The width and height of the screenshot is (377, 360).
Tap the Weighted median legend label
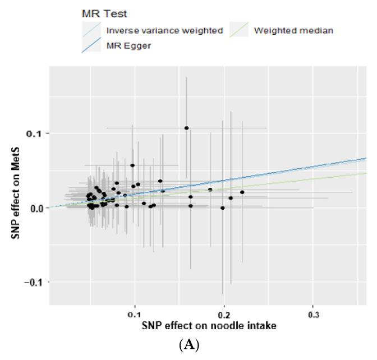click(293, 30)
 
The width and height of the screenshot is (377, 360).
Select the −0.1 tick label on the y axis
click(34, 282)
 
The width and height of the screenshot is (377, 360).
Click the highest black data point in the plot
click(187, 128)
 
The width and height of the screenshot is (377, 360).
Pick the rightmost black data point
click(242, 192)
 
